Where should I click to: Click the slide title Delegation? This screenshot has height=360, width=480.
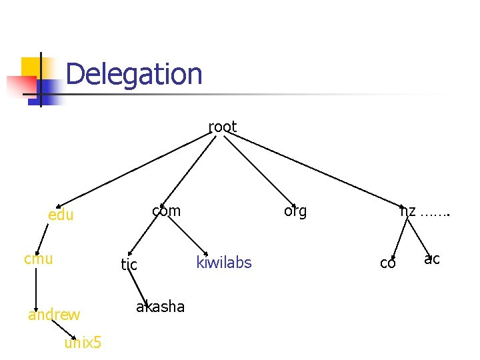pos(134,74)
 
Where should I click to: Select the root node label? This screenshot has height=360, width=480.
pos(223,127)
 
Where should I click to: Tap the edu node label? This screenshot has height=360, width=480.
pos(61,215)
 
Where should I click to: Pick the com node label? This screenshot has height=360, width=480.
pos(166,211)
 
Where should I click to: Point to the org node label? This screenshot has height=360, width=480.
pos(295,211)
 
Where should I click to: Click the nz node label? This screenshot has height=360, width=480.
pos(408,211)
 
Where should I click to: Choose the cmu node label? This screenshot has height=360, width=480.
pos(38,259)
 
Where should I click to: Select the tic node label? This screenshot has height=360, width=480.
pos(129,265)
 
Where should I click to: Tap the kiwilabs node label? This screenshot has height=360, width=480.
pos(224,263)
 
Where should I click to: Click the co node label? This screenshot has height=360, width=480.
pos(387,263)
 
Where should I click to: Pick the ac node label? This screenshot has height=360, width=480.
pos(432,259)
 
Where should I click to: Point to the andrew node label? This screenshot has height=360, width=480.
pos(54,315)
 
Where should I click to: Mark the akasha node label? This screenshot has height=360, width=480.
pos(160,307)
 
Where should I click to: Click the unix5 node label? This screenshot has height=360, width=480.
pos(83,343)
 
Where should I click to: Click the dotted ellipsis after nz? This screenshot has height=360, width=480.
pos(435,214)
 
